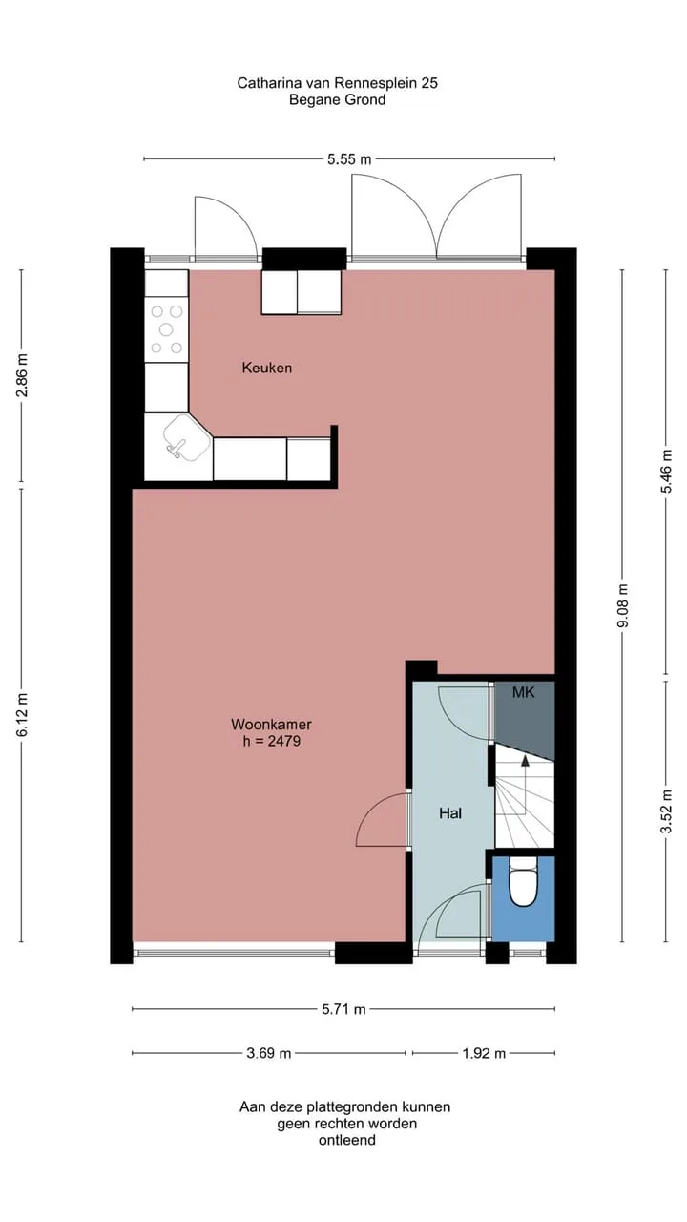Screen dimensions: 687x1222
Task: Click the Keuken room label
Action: pyautogui.click(x=266, y=368)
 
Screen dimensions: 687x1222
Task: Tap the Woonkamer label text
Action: pyautogui.click(x=272, y=724)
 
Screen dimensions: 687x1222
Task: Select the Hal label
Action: pyautogui.click(x=450, y=813)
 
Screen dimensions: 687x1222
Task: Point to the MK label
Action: pyautogui.click(x=524, y=692)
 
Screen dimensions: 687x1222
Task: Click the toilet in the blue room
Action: pyautogui.click(x=523, y=881)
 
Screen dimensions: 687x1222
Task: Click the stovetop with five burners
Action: pyautogui.click(x=166, y=329)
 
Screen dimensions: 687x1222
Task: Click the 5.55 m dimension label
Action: pyautogui.click(x=349, y=159)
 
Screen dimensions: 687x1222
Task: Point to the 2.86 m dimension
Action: pyautogui.click(x=21, y=375)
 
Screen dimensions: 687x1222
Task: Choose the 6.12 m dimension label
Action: pyautogui.click(x=21, y=715)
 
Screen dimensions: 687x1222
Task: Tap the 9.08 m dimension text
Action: pyautogui.click(x=623, y=605)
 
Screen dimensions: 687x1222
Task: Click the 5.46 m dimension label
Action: pyautogui.click(x=666, y=472)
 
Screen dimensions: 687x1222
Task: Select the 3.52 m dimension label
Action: pyautogui.click(x=666, y=811)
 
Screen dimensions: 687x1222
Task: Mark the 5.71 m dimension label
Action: pyautogui.click(x=343, y=1009)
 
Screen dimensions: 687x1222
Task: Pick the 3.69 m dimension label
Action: pyautogui.click(x=269, y=1053)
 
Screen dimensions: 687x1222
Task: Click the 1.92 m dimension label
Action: pyautogui.click(x=484, y=1053)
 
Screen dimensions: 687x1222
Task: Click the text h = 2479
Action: pyautogui.click(x=272, y=741)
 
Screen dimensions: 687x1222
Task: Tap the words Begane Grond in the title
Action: pyautogui.click(x=338, y=100)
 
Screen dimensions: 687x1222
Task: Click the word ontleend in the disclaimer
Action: pyautogui.click(x=347, y=1140)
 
